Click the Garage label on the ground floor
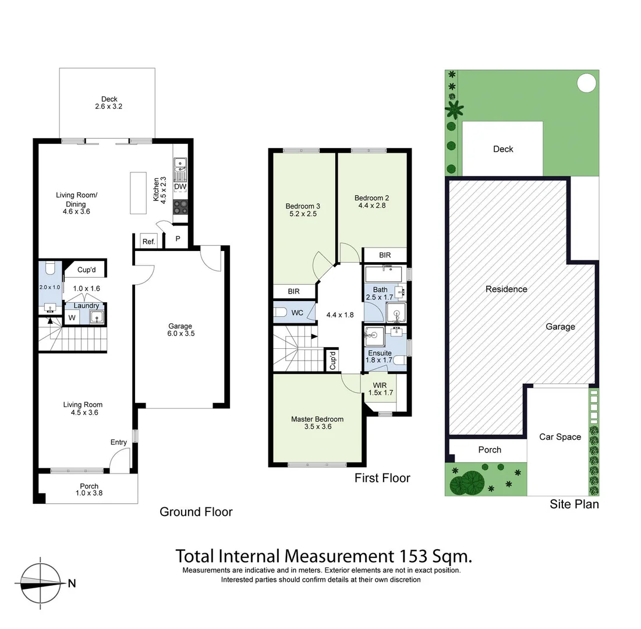[x=180, y=326]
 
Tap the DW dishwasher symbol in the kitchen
[x=180, y=186]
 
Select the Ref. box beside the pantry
[x=148, y=241]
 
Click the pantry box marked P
[x=178, y=239]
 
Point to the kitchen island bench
[x=138, y=193]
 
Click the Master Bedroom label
[x=317, y=419]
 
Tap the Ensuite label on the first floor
[x=378, y=353]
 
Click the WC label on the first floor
[x=298, y=313]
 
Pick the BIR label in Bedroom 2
[x=384, y=255]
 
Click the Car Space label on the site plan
[x=559, y=437]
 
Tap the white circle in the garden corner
[x=586, y=83]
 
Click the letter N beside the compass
[x=72, y=583]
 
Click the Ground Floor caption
[x=196, y=512]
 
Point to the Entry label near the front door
[x=119, y=442]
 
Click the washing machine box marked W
[x=72, y=317]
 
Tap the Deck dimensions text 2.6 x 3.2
[x=108, y=107]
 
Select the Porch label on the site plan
[x=490, y=450]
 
